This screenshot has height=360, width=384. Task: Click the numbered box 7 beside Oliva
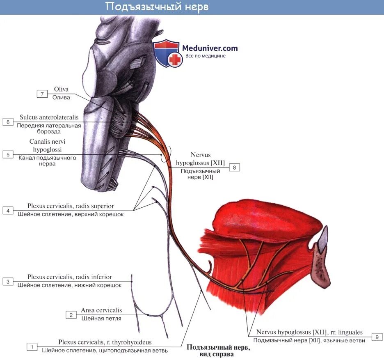(42, 94)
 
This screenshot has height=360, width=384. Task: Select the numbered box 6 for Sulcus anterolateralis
(7, 122)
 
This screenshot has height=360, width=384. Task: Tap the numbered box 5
(7, 154)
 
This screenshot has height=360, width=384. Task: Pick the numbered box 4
(7, 211)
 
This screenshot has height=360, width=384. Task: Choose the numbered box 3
(7, 282)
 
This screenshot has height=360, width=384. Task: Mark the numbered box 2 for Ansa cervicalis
(71, 315)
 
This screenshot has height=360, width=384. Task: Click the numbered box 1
(32, 347)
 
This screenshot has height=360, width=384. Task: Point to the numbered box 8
(234, 167)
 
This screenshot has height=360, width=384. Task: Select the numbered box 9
(377, 337)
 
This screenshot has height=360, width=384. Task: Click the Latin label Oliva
(61, 89)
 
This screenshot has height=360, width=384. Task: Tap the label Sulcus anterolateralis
(49, 117)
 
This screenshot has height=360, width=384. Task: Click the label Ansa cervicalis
(101, 310)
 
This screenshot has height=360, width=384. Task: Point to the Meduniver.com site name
(210, 48)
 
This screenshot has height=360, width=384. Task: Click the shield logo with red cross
(167, 53)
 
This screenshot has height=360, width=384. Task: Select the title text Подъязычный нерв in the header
(157, 7)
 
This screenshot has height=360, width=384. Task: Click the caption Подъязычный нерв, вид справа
(218, 350)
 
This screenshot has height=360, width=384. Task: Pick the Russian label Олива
(61, 97)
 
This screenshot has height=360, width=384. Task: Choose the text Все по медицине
(205, 56)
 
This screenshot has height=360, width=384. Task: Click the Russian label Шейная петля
(101, 318)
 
